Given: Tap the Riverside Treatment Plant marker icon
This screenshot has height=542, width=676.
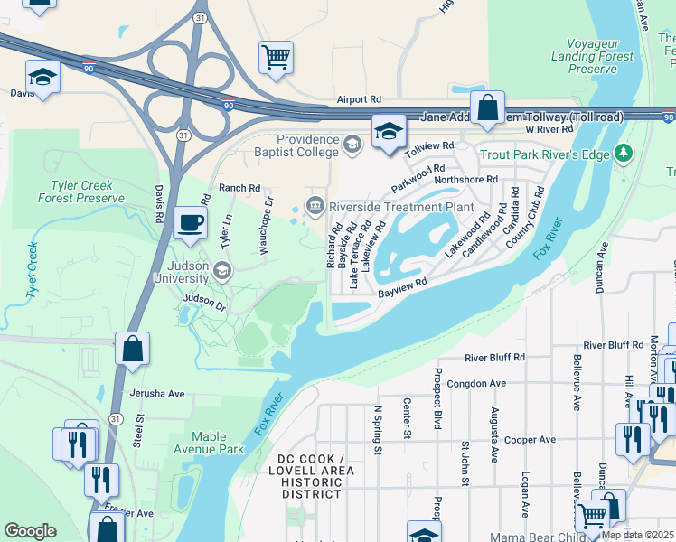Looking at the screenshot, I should tap(315, 206).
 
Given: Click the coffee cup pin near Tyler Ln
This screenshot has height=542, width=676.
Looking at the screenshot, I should tap(189, 222).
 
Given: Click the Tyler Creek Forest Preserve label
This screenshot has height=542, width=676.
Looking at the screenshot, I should tap(81, 192).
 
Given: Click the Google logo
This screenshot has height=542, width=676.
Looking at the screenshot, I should tap(30, 531).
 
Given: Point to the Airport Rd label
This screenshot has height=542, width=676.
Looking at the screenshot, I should tap(359, 100).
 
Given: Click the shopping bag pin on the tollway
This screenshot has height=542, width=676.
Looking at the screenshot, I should tap(487, 108).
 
